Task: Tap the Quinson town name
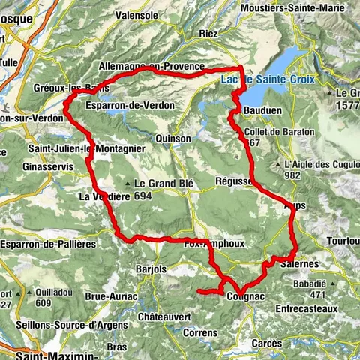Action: (x=171, y=139)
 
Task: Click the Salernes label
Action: (x=300, y=264)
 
